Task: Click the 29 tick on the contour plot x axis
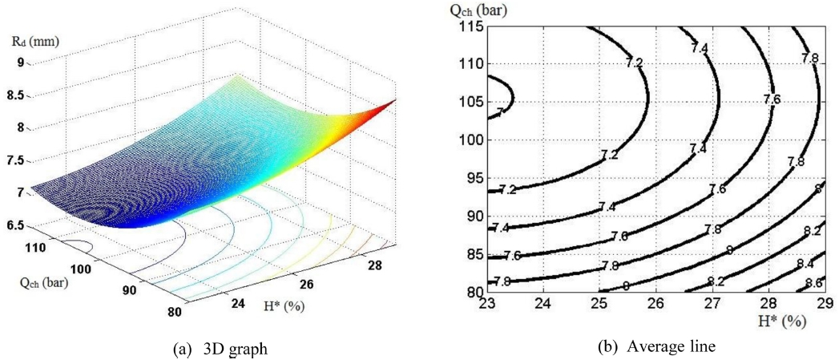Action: click(x=823, y=305)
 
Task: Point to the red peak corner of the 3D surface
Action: click(x=393, y=102)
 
